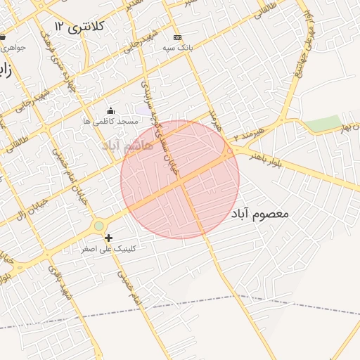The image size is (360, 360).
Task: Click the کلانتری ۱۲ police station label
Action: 79,26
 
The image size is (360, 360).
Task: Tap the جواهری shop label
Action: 14,48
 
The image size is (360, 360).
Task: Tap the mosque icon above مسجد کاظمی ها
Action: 110,110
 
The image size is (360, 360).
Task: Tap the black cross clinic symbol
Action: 108,238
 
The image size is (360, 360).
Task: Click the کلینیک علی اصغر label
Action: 109,249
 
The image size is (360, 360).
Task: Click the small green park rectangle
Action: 322,123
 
